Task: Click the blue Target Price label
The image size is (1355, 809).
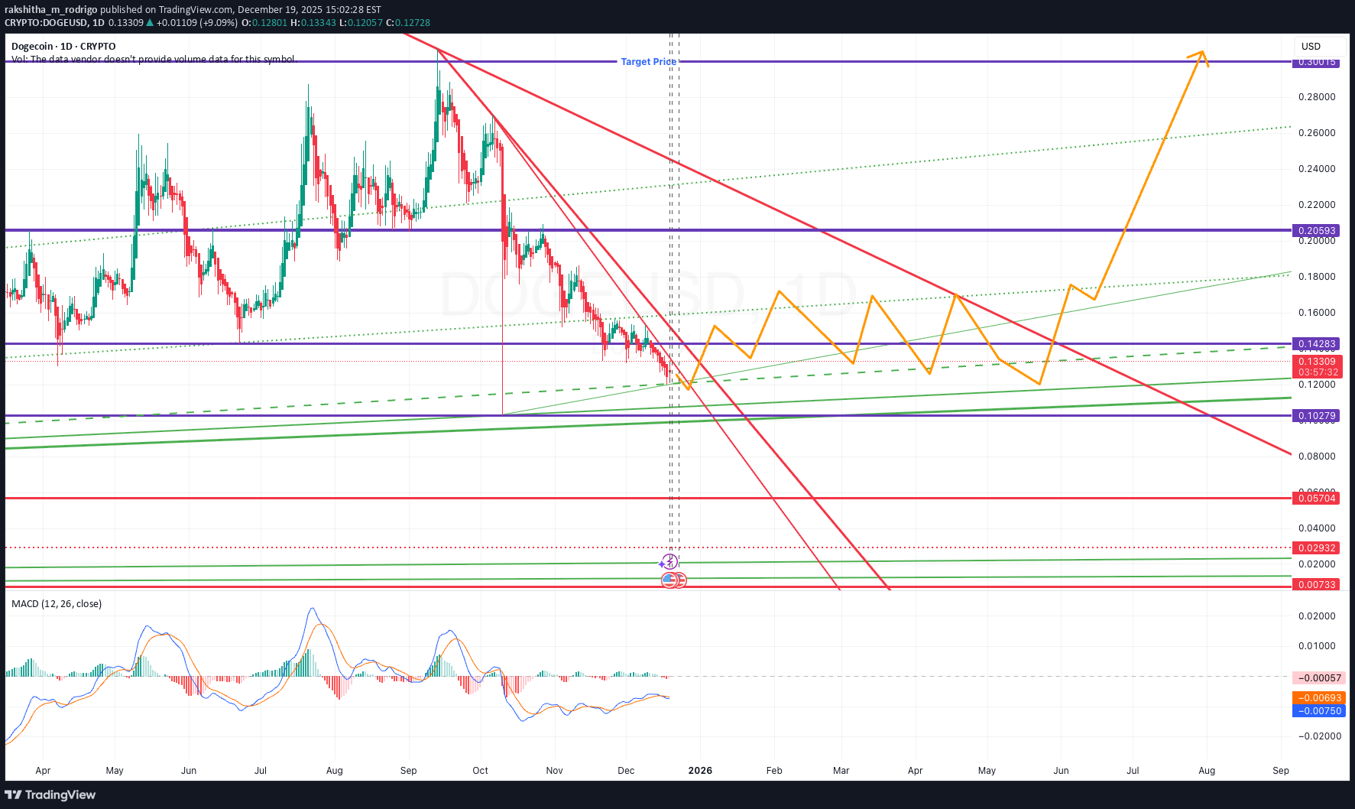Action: coord(648,62)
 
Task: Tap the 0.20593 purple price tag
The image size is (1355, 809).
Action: coord(1316,231)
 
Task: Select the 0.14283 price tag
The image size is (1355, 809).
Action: coord(1316,344)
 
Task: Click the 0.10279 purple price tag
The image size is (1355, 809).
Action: coord(1316,416)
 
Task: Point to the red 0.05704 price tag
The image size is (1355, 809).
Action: coord(1316,499)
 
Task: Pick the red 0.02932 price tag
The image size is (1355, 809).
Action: coord(1316,548)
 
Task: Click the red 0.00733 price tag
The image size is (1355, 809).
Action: coord(1316,585)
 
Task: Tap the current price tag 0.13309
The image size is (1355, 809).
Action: coord(1316,362)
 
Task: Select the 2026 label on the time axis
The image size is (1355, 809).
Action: coord(700,771)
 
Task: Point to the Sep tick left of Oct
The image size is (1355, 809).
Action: coord(409,771)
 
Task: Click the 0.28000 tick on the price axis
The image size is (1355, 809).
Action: coord(1316,97)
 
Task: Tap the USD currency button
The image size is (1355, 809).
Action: coord(1311,47)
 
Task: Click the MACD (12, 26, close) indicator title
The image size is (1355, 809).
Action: coord(57,604)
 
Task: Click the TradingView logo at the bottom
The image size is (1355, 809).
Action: coord(50,795)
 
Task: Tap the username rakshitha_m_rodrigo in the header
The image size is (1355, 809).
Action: coord(50,10)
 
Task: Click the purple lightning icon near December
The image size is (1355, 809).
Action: coord(669,562)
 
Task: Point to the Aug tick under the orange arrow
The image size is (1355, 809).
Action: coord(1207,771)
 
